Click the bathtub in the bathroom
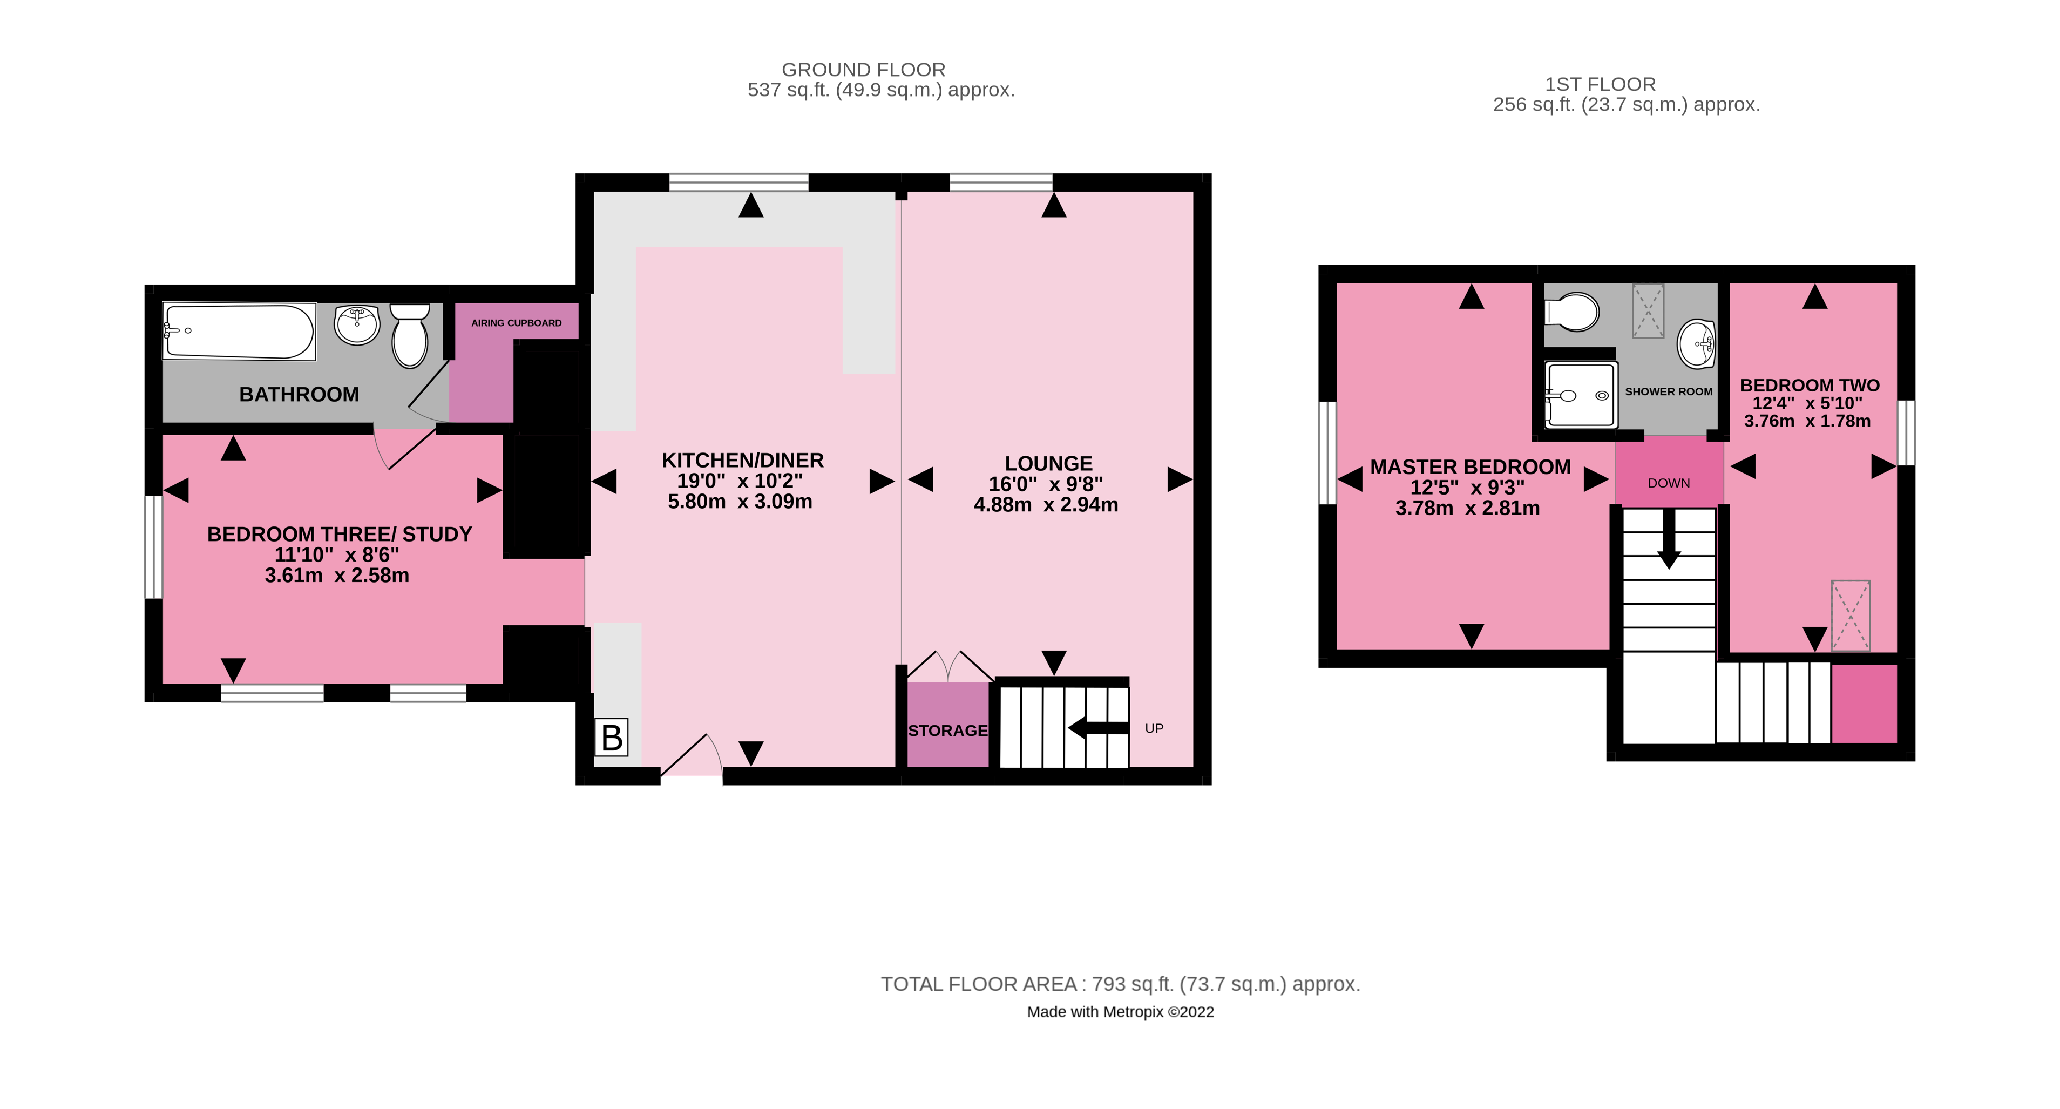(x=238, y=331)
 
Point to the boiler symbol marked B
(x=612, y=737)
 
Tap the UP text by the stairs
(x=1154, y=728)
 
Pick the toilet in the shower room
(x=1572, y=311)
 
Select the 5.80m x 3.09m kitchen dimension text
(x=740, y=502)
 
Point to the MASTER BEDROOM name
(x=1470, y=467)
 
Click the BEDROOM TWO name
(x=1810, y=386)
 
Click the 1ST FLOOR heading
(x=1600, y=84)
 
